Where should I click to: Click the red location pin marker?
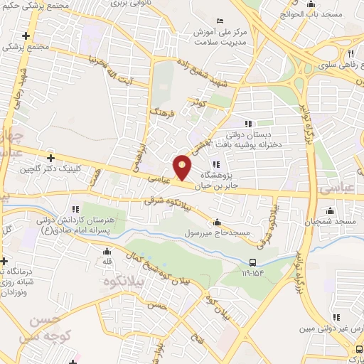pos(183,166)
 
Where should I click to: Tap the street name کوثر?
pos(197,102)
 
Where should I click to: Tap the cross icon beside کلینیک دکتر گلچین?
pos(50,157)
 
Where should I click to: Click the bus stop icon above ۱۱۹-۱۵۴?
pos(254,261)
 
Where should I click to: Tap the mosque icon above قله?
pos(107,251)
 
